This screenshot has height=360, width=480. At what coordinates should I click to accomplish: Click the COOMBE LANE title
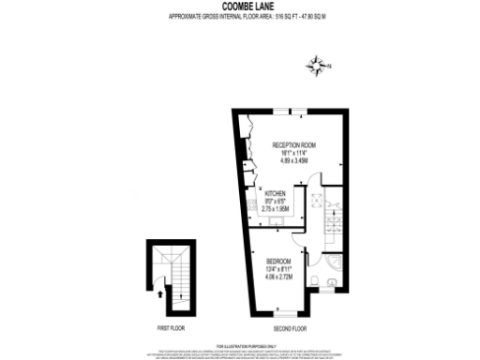point(240,6)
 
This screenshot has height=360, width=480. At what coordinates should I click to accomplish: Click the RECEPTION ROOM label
point(293,145)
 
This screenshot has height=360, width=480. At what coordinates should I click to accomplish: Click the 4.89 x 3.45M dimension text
point(293,160)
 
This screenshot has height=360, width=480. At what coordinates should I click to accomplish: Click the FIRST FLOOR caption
point(170,328)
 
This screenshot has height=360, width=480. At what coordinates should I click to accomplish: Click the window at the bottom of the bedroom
point(281,313)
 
